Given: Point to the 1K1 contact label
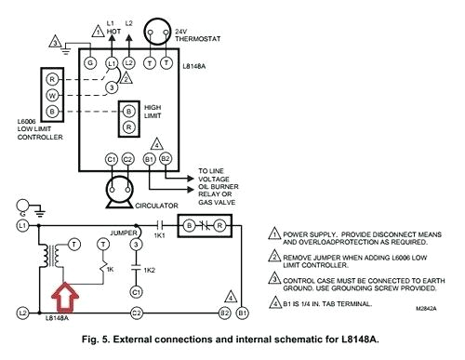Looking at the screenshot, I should tap(160, 235).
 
